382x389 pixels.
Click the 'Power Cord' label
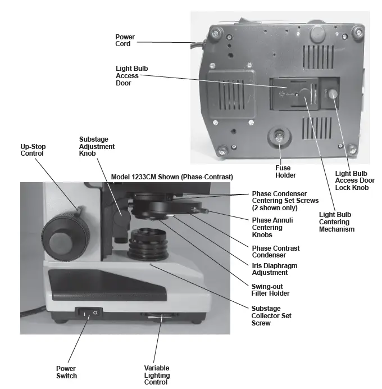tap(125, 40)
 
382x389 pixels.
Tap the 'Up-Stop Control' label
tap(33, 150)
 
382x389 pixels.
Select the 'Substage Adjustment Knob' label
tap(97, 146)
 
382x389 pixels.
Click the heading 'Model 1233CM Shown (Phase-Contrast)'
tap(172, 177)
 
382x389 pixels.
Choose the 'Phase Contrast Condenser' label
tap(275, 251)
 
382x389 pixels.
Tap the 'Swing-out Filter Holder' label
tap(271, 290)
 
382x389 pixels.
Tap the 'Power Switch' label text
tap(67, 372)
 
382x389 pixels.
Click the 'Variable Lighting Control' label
tap(157, 375)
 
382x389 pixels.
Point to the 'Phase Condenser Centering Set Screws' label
tap(285, 200)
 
